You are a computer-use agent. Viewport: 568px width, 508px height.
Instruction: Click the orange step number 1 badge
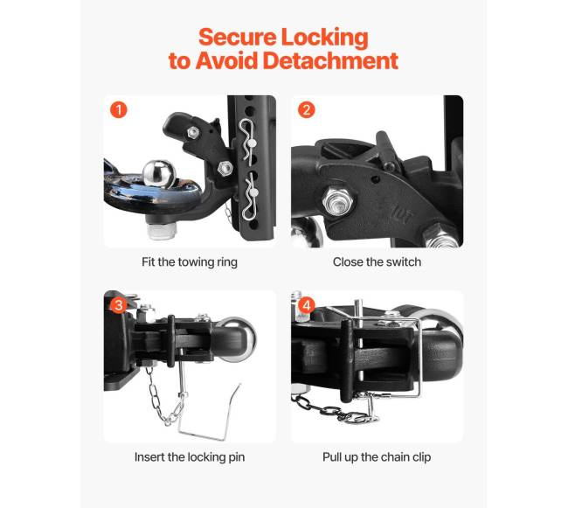click(119, 109)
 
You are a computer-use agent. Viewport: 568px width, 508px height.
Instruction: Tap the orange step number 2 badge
click(307, 109)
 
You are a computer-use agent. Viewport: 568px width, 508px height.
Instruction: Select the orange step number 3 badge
click(119, 305)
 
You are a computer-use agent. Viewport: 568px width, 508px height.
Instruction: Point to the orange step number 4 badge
click(307, 305)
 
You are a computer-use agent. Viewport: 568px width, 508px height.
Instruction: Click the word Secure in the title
click(238, 37)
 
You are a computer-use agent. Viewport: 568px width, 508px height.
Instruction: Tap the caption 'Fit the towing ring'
click(190, 262)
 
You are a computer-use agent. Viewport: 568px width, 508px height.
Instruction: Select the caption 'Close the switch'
click(377, 262)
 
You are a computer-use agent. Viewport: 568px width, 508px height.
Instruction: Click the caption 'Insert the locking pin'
click(190, 457)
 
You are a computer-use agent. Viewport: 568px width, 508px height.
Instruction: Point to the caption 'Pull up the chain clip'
click(377, 457)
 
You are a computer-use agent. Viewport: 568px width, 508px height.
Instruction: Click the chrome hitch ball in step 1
click(159, 174)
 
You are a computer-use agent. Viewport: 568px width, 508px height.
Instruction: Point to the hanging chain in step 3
click(165, 397)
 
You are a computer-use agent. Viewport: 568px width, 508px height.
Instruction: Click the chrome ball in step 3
click(239, 338)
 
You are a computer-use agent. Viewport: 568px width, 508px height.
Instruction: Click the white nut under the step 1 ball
click(163, 231)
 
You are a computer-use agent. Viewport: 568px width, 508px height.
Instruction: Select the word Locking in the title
click(324, 38)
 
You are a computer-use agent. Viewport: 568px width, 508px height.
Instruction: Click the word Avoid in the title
click(226, 60)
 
